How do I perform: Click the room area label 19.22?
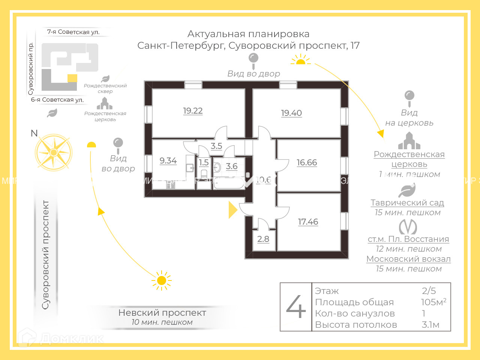(193, 111)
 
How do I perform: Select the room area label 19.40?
(291, 113)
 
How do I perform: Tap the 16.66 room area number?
(307, 163)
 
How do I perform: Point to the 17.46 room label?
(308, 222)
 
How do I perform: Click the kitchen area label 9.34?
(168, 161)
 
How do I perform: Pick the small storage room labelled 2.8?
(263, 239)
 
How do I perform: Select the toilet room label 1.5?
(204, 163)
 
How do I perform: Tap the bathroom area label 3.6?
(232, 166)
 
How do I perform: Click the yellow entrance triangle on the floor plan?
(232, 210)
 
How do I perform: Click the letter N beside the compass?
(34, 133)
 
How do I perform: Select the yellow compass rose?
(54, 153)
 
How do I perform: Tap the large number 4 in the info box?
(296, 307)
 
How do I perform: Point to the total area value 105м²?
(433, 302)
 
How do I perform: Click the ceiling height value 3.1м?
(430, 325)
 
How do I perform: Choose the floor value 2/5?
(429, 291)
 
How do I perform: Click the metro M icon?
(408, 227)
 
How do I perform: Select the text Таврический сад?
(407, 203)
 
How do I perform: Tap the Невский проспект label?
(162, 313)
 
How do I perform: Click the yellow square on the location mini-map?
(72, 78)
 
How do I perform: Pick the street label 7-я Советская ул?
(73, 32)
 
